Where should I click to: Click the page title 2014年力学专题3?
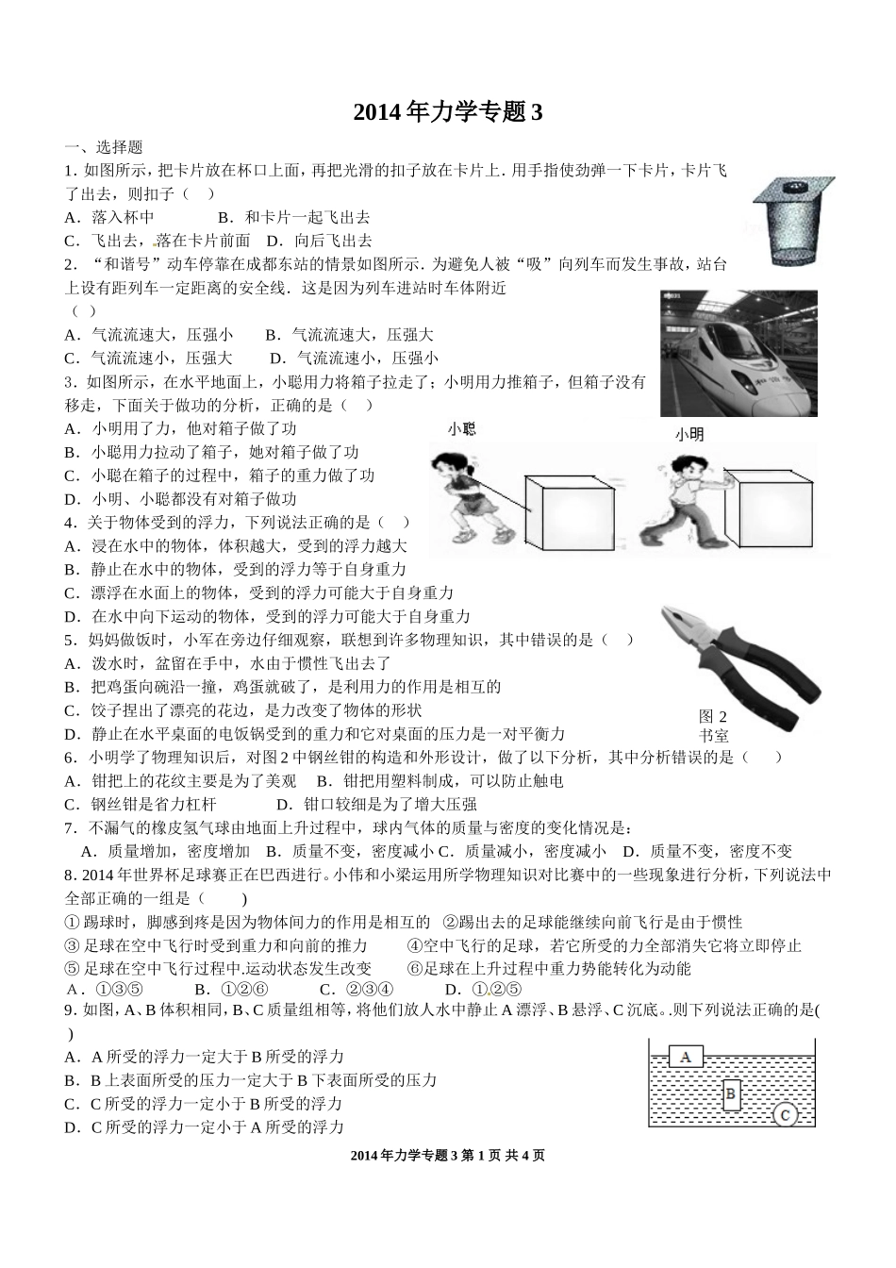click(448, 113)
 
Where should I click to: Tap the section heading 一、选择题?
click(103, 147)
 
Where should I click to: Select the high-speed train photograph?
click(738, 353)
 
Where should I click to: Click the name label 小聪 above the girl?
click(461, 429)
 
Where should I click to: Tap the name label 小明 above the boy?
click(689, 435)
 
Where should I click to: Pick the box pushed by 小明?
click(773, 509)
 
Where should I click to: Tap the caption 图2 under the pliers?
click(713, 716)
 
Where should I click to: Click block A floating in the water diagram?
click(686, 1057)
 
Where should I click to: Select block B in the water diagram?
click(733, 1094)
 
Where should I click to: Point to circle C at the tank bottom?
click(785, 1114)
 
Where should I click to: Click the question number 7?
click(70, 828)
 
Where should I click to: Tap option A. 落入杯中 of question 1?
click(109, 217)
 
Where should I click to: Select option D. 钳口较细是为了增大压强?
click(376, 805)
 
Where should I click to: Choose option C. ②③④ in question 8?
click(357, 990)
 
